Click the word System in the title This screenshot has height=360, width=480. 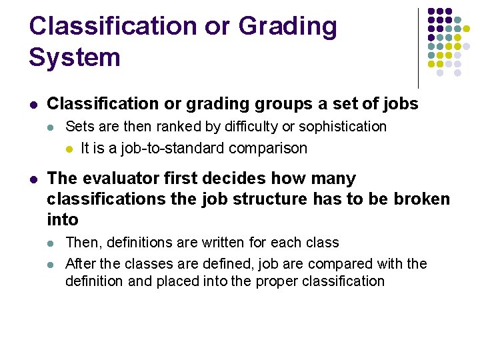click(x=75, y=57)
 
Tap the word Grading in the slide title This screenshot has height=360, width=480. click(x=287, y=27)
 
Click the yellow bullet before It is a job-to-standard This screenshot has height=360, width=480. click(x=69, y=149)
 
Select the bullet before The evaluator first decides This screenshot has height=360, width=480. click(x=34, y=179)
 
